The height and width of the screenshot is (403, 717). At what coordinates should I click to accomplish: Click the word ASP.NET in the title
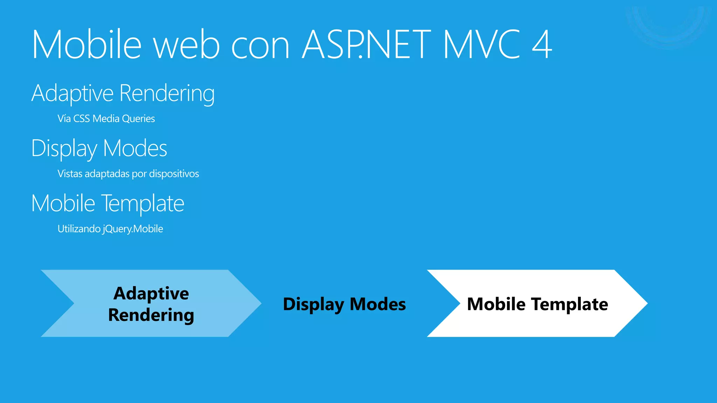(366, 44)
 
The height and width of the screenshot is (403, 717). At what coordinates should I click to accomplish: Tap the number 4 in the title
(542, 44)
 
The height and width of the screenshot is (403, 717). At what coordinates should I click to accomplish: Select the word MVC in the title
(482, 44)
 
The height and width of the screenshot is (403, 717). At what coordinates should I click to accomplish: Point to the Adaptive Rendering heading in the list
(123, 94)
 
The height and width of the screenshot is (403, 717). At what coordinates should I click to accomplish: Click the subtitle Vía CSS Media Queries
(106, 119)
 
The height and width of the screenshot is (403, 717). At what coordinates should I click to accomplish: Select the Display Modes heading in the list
(99, 149)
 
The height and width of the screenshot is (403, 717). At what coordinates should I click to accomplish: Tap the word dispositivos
(174, 174)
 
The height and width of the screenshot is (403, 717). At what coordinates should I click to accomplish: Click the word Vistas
(70, 174)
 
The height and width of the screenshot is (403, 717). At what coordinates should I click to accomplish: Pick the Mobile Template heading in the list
(108, 204)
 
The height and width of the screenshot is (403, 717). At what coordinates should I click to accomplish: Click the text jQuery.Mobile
(133, 229)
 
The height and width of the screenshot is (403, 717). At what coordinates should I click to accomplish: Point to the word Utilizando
(79, 229)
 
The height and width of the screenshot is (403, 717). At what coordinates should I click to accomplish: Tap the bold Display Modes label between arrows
(344, 304)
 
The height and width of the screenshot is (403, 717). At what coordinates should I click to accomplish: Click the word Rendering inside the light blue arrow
(151, 315)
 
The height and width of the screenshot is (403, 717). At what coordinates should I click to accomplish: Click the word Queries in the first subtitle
(138, 119)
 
